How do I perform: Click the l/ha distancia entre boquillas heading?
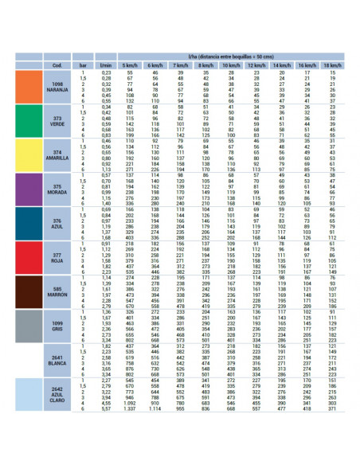pyautogui.click(x=231, y=57)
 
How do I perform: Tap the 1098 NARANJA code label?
pyautogui.click(x=57, y=87)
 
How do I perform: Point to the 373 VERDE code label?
pyautogui.click(x=57, y=121)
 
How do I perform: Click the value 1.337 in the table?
pyautogui.click(x=130, y=410)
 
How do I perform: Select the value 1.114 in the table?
pyautogui.click(x=155, y=410)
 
